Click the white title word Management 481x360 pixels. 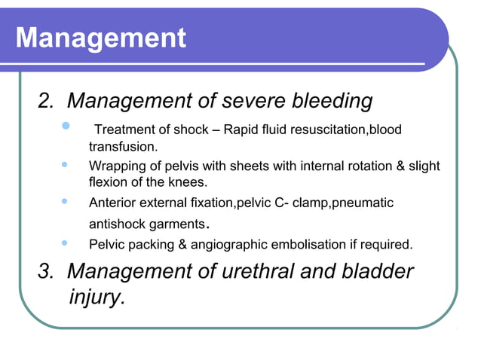pos(100,37)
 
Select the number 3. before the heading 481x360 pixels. pos(49,271)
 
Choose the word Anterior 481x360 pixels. pos(113,203)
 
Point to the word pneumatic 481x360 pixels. pos(365,203)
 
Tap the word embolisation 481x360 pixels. pos(326,244)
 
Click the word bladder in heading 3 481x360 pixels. pos(377,271)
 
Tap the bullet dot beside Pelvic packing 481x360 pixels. pos(66,243)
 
